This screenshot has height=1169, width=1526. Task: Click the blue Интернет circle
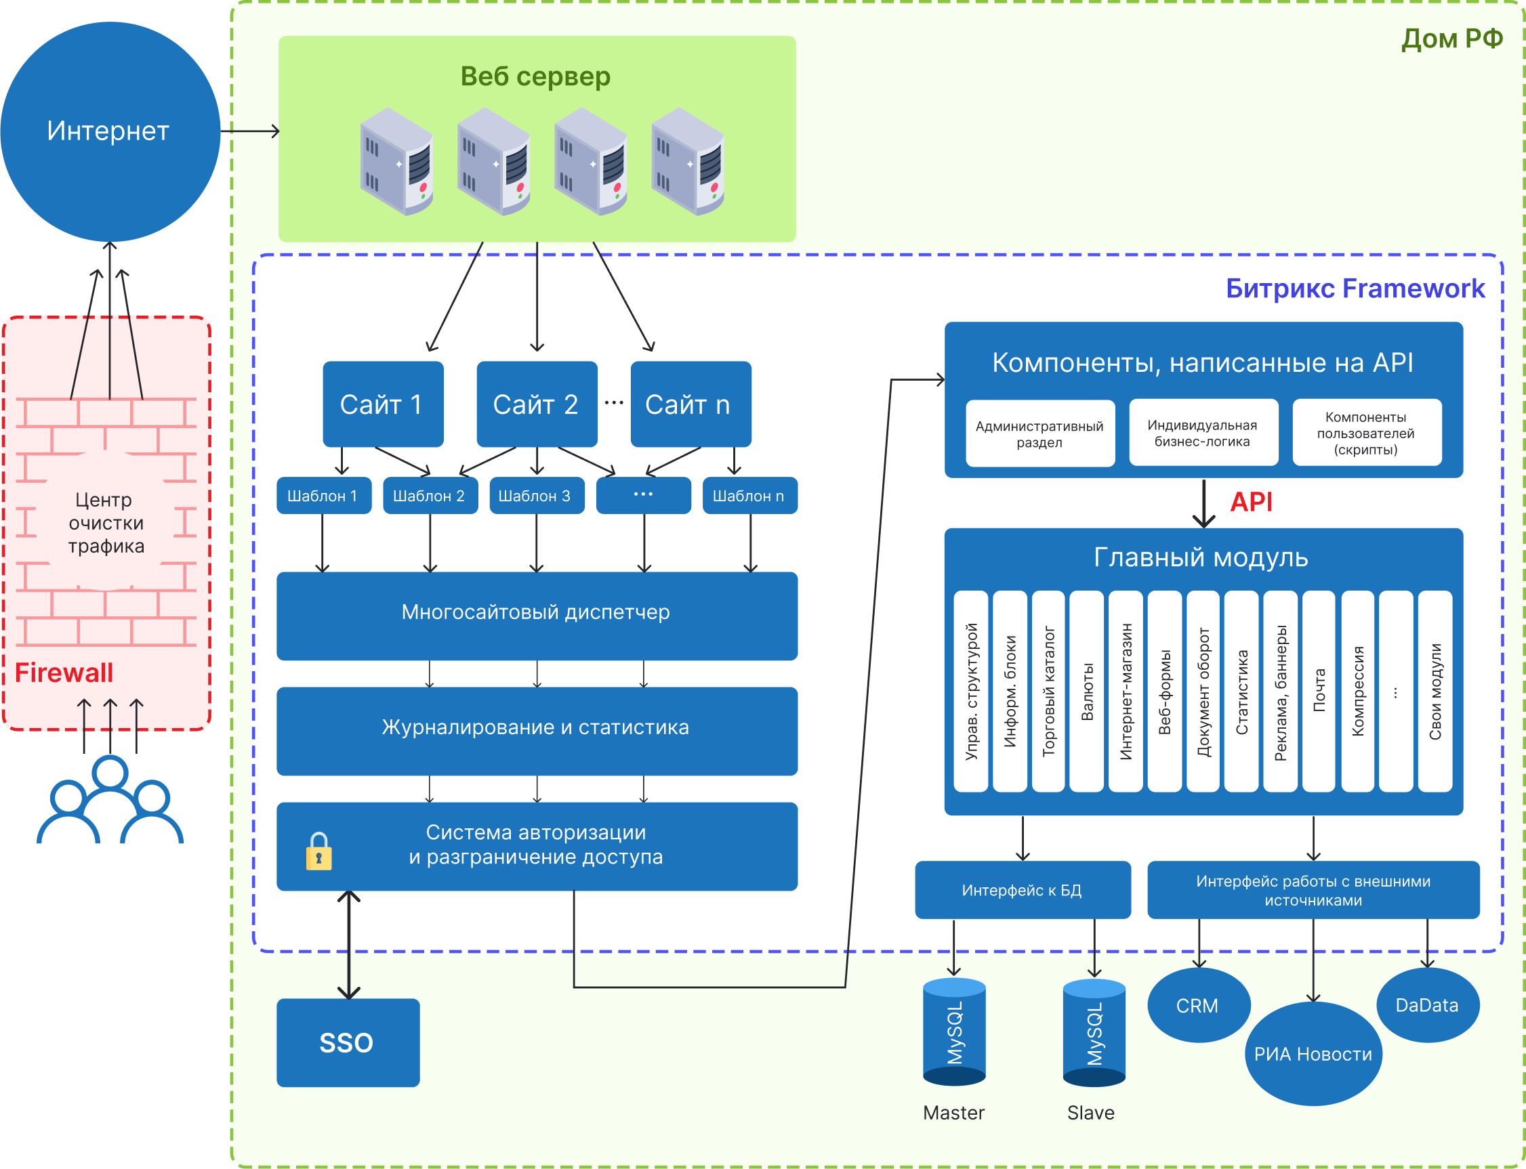click(110, 131)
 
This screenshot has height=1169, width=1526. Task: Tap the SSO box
click(348, 1042)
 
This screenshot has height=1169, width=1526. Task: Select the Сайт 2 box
click(537, 404)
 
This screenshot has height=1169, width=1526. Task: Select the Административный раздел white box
click(1039, 433)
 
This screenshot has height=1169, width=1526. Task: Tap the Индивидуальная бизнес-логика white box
click(1203, 433)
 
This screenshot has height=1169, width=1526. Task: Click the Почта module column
click(1319, 690)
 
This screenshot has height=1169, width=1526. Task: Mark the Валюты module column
click(1087, 690)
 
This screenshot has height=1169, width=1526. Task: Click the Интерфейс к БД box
click(1022, 890)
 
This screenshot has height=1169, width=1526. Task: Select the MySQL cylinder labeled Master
click(954, 1033)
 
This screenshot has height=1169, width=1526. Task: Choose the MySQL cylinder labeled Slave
click(1094, 1034)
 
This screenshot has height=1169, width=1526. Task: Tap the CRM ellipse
click(1198, 1006)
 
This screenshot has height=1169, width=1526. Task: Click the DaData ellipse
click(1427, 1005)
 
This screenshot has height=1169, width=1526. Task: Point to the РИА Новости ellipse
click(1313, 1053)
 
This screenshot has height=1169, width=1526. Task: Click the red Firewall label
click(64, 673)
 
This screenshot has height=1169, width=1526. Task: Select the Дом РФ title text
click(1452, 39)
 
